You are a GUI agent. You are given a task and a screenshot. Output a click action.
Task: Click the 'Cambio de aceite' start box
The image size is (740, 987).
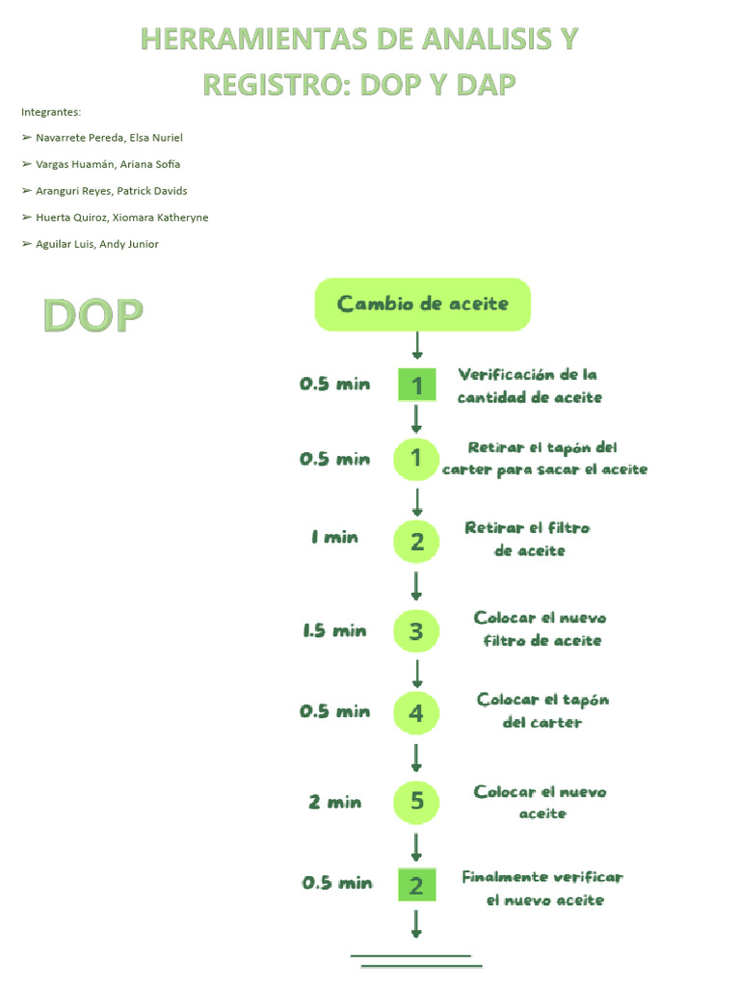coord(422,305)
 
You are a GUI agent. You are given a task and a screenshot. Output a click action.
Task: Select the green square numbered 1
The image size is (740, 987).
coord(416,386)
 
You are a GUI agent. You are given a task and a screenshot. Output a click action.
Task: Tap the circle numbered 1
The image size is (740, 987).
coord(416,459)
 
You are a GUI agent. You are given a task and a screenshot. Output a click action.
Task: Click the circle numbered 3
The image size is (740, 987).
coord(416,631)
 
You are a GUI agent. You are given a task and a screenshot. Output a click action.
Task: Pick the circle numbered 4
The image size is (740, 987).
coord(416,713)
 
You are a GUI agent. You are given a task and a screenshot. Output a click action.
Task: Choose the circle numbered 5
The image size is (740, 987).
coord(416,801)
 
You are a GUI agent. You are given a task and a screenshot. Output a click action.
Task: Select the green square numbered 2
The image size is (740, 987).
coord(416,885)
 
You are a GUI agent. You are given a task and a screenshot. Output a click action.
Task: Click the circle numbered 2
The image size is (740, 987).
coord(416,542)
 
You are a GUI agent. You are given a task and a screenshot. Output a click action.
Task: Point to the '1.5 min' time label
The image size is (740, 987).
coord(334,631)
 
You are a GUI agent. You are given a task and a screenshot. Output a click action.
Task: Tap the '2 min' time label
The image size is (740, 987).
coord(334,802)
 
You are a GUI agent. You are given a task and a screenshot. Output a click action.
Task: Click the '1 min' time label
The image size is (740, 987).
coord(334,538)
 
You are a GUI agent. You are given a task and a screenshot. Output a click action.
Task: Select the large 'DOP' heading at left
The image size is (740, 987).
coord(92,316)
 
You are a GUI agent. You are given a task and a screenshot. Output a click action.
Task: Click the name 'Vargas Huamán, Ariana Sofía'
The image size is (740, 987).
coord(108,164)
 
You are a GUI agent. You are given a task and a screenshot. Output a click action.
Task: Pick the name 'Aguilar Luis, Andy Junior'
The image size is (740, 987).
coord(97,244)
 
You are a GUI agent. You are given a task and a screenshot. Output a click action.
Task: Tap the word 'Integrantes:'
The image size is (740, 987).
coord(51,112)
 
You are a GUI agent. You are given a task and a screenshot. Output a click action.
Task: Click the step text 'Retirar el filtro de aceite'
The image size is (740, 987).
coord(528,540)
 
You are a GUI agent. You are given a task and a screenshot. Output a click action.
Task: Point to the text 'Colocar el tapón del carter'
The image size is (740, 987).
coord(542,710)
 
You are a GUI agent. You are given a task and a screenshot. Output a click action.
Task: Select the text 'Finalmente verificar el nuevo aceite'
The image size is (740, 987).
coord(543,889)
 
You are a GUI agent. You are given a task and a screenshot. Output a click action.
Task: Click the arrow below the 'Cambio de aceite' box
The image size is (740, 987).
coord(417,346)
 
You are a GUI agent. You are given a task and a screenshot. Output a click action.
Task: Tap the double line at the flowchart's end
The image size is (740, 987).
coord(416,960)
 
